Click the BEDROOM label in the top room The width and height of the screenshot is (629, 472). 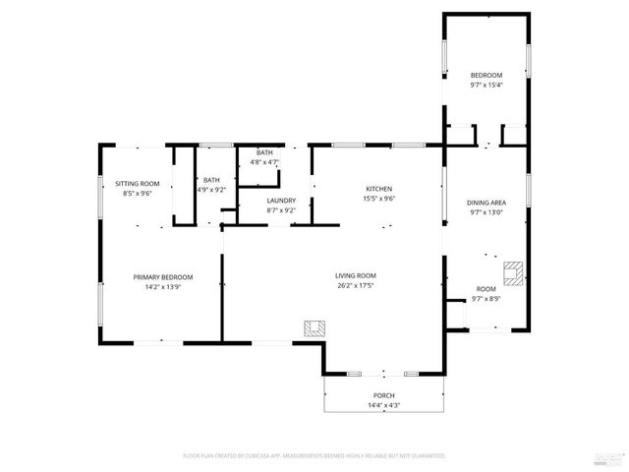486,76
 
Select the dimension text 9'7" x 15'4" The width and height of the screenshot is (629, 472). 486,86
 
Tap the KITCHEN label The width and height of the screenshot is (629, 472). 379,189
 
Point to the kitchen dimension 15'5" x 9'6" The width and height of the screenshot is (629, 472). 379,199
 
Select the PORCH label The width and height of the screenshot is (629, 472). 383,395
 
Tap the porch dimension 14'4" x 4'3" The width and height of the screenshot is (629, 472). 383,405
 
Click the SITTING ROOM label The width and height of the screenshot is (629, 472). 137,184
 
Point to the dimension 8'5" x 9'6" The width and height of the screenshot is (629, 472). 137,194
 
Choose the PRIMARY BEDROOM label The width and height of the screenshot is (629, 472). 163,277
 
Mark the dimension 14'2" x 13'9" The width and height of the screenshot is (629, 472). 163,287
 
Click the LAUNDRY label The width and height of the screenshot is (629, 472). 281,201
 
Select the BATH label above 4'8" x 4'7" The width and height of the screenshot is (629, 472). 264,152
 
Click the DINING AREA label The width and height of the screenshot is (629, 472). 486,203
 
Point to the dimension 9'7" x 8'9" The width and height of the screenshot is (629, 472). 486,299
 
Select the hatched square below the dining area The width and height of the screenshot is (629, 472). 513,268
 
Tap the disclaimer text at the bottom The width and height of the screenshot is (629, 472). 314,456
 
